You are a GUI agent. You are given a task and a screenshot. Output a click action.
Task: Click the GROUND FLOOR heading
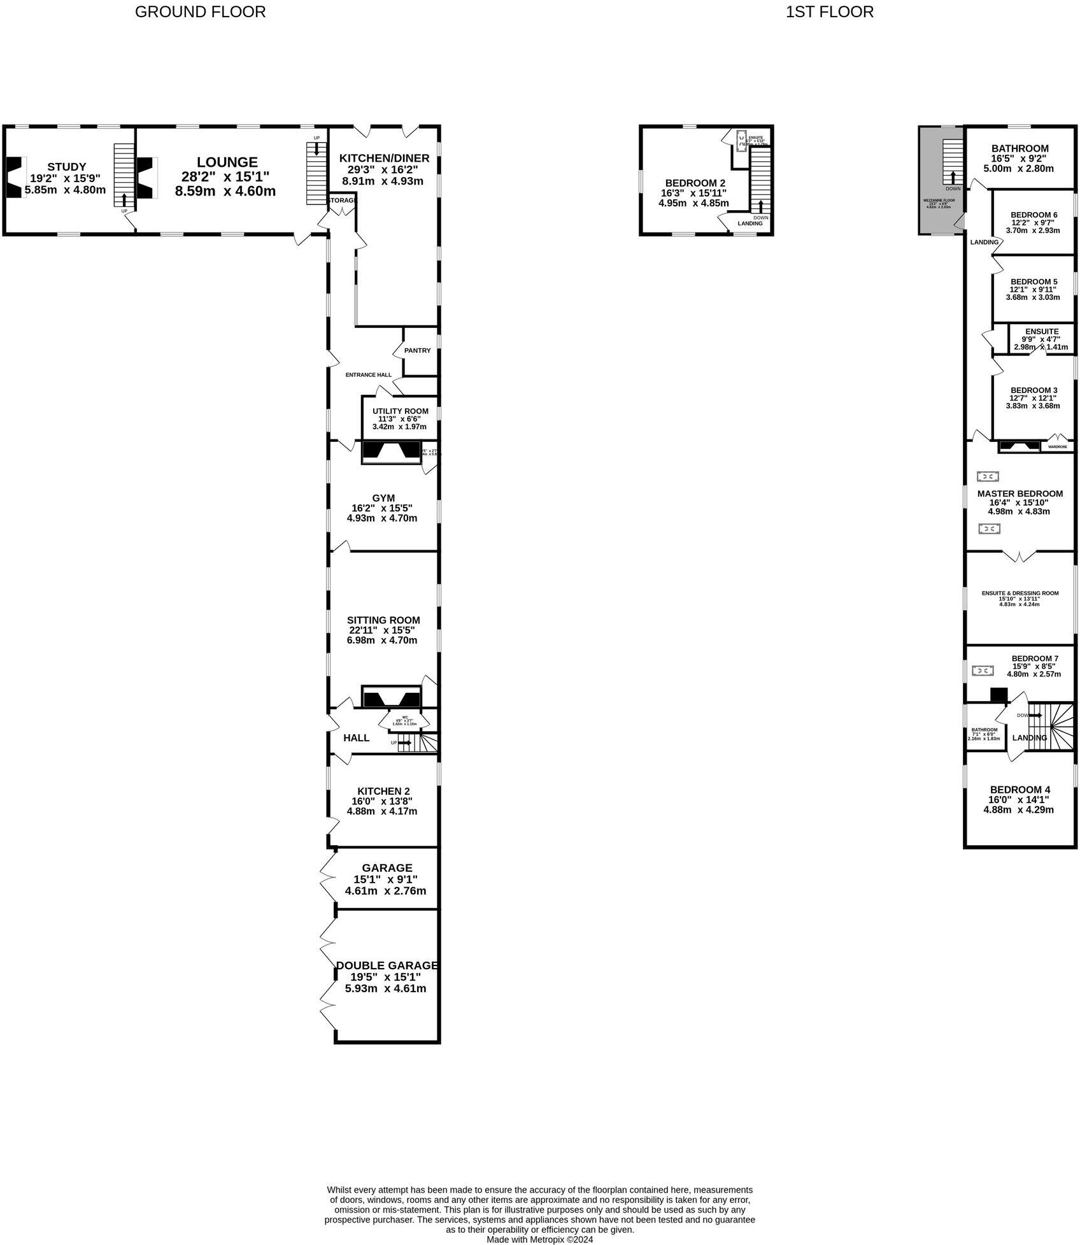[200, 11]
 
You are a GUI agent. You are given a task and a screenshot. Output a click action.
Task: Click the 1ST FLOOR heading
[829, 11]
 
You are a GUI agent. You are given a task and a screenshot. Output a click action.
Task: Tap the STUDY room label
[67, 167]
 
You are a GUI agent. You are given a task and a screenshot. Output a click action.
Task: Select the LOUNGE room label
[227, 162]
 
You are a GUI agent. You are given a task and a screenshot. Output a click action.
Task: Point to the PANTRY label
[417, 350]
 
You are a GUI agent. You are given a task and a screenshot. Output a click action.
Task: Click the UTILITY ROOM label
[400, 411]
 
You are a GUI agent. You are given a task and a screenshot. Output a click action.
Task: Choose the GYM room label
[383, 498]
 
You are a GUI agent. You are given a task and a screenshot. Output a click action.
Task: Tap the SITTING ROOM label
[383, 620]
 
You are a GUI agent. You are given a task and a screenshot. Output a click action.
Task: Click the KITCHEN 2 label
[383, 791]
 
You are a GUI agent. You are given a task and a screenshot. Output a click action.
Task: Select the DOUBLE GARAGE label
[387, 965]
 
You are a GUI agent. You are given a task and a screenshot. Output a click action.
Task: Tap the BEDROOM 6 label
[1034, 215]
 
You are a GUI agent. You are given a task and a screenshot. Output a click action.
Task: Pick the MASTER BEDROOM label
[1020, 494]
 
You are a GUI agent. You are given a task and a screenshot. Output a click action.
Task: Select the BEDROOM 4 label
[1020, 790]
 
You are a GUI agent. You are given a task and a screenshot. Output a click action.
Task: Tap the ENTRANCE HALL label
[368, 375]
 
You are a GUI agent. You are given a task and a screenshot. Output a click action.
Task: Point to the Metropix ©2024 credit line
[539, 1239]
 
